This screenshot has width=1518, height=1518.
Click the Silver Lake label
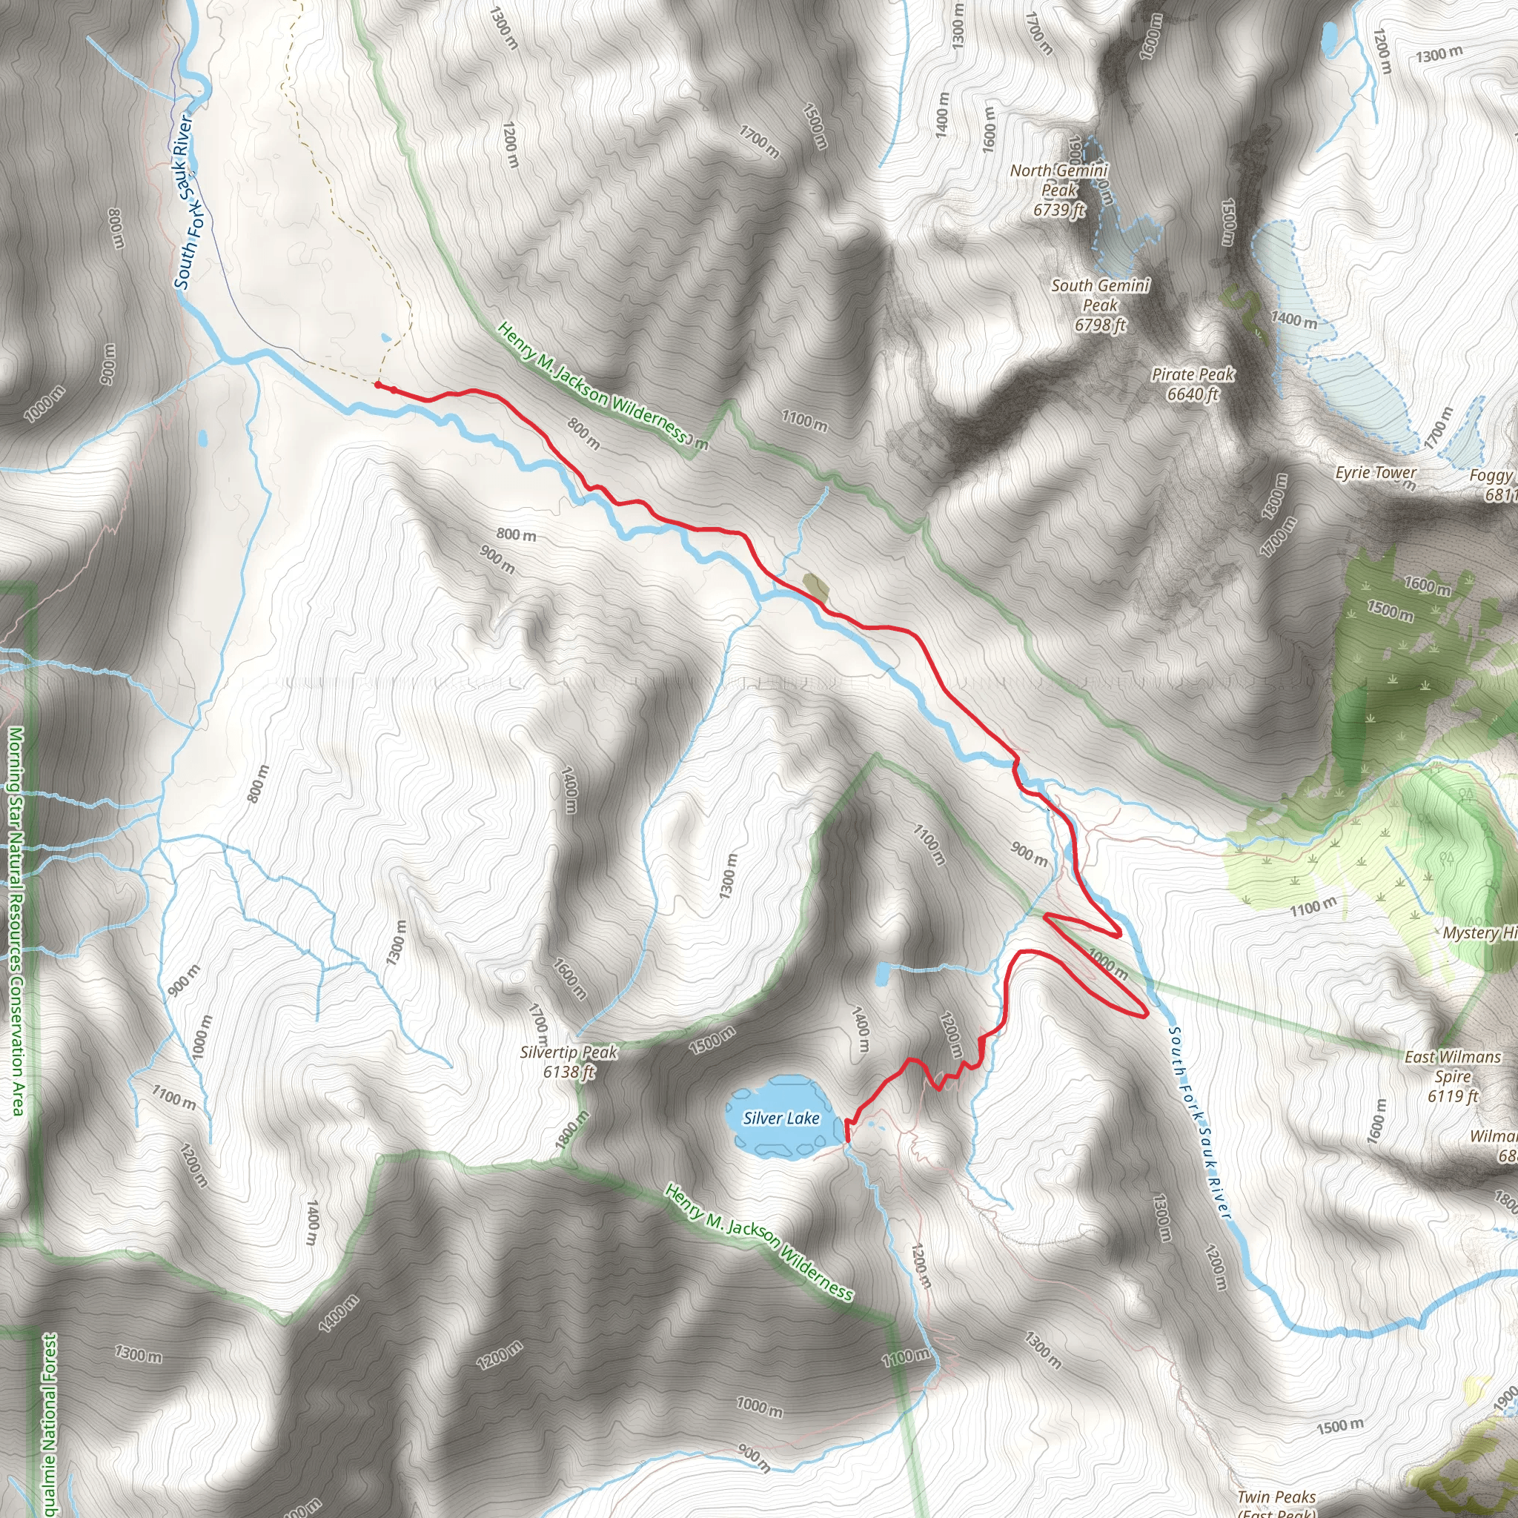click(x=781, y=1118)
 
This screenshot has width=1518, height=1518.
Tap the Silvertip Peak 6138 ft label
click(x=569, y=1061)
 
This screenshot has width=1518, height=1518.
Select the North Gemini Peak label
click(x=1058, y=180)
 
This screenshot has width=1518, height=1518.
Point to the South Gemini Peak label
click(x=1100, y=295)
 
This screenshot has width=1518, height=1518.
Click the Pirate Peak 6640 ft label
click(x=1193, y=384)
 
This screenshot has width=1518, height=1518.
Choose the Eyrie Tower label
click(x=1375, y=473)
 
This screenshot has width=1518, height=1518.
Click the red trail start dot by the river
click(x=378, y=385)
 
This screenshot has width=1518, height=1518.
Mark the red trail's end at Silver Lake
click(x=847, y=1138)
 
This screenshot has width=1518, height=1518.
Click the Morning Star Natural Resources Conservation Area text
click(x=16, y=919)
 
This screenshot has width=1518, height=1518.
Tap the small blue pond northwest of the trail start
click(x=384, y=339)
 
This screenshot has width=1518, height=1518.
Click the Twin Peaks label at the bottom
click(x=1276, y=1497)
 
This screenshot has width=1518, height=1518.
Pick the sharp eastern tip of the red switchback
click(x=1147, y=1015)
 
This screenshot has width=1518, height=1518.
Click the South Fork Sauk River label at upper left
click(x=183, y=202)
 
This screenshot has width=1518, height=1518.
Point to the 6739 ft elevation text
click(x=1058, y=210)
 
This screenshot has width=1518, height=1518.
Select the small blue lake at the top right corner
click(x=1330, y=37)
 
